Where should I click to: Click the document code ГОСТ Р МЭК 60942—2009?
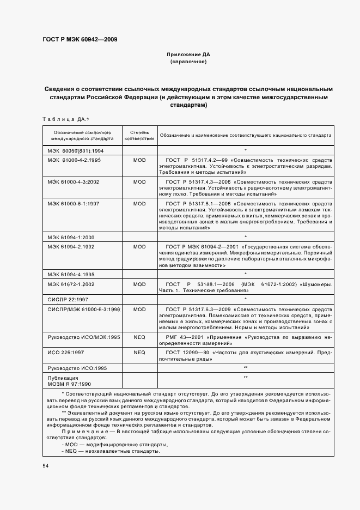[79, 39]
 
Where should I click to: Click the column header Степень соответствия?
[139, 135]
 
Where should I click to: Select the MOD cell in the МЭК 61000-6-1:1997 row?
[139, 203]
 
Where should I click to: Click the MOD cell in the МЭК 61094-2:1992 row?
[139, 247]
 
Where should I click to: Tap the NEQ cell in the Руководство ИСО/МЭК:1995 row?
[139, 337]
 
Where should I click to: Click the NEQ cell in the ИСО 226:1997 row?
[139, 353]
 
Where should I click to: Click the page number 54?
[45, 466]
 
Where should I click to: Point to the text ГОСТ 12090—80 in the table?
[187, 353]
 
